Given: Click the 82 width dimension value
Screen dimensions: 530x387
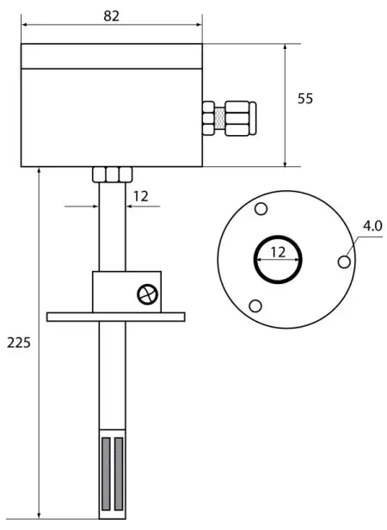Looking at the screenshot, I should tap(112, 17).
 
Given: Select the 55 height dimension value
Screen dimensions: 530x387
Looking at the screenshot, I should tap(305, 99).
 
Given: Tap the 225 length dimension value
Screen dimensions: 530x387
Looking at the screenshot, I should tap(19, 342).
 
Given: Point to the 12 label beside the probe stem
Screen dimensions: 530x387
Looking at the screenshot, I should tap(140, 196).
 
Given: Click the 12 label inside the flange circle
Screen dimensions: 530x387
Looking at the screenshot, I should tap(277, 252).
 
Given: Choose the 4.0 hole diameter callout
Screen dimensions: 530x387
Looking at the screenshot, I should tap(372, 226).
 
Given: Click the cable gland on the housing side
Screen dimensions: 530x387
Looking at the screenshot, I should tap(228, 117).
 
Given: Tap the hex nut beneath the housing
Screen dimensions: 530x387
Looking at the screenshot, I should tap(110, 174).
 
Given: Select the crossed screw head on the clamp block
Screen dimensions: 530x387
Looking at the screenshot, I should tap(148, 294).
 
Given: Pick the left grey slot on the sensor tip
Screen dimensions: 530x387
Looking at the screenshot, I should tap(105, 471).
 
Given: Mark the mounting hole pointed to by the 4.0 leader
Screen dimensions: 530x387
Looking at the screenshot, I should tap(344, 261).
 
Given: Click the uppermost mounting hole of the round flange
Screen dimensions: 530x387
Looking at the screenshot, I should tap(261, 210).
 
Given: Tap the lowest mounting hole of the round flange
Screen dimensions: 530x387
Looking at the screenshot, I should tap(255, 306).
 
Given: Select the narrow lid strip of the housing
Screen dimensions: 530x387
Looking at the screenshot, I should tap(111, 56).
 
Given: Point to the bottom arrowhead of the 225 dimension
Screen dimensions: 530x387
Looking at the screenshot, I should tap(40, 515).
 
